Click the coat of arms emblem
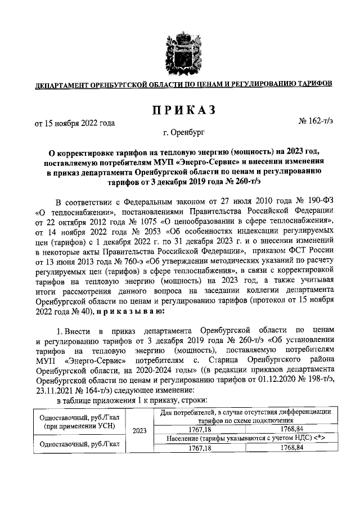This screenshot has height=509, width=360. coord(181,49)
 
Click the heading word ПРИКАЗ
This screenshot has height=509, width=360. coord(180,110)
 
